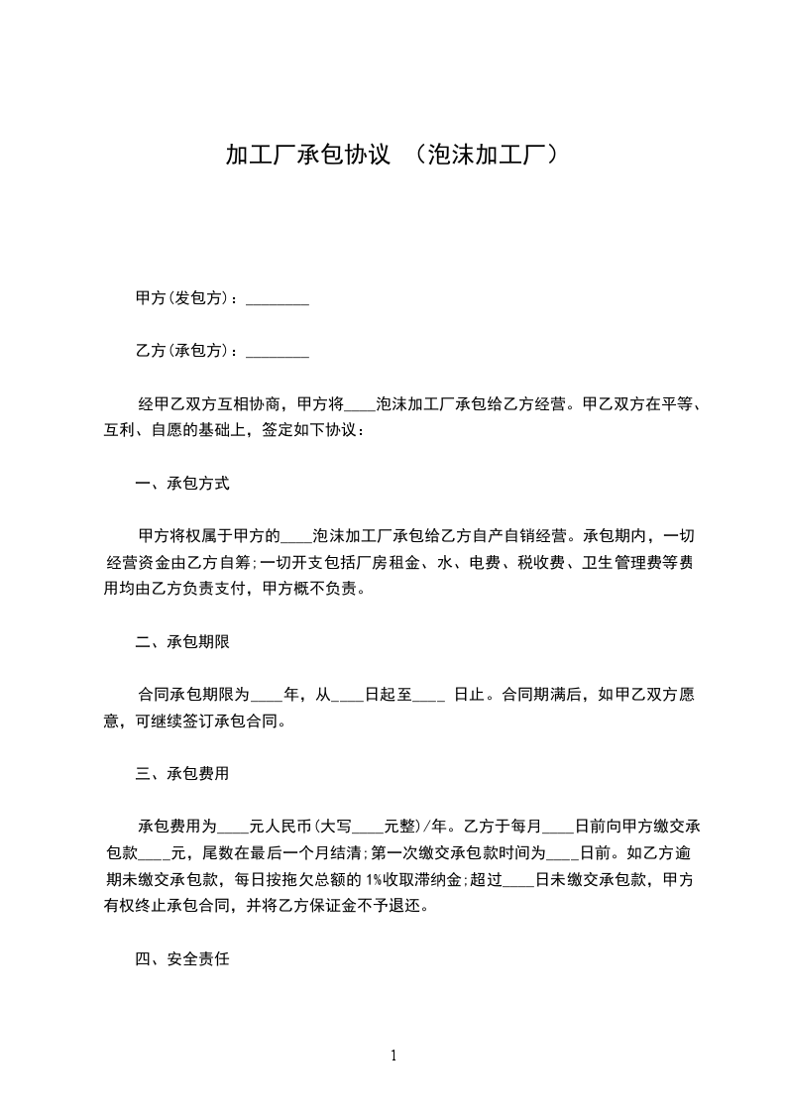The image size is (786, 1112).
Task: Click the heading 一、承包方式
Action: point(182,485)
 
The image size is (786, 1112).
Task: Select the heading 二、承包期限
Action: point(182,642)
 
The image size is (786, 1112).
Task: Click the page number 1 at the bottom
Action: point(393,1056)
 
